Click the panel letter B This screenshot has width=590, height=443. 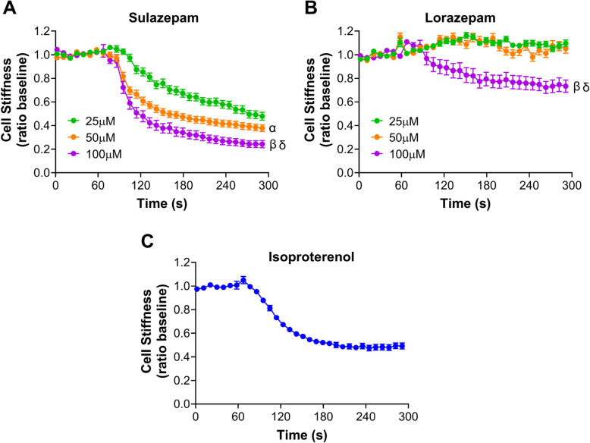(310, 8)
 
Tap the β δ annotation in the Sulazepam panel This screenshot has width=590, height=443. (278, 145)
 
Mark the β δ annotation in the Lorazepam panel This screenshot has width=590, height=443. (581, 86)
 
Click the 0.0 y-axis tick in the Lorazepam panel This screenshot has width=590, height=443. (345, 173)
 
